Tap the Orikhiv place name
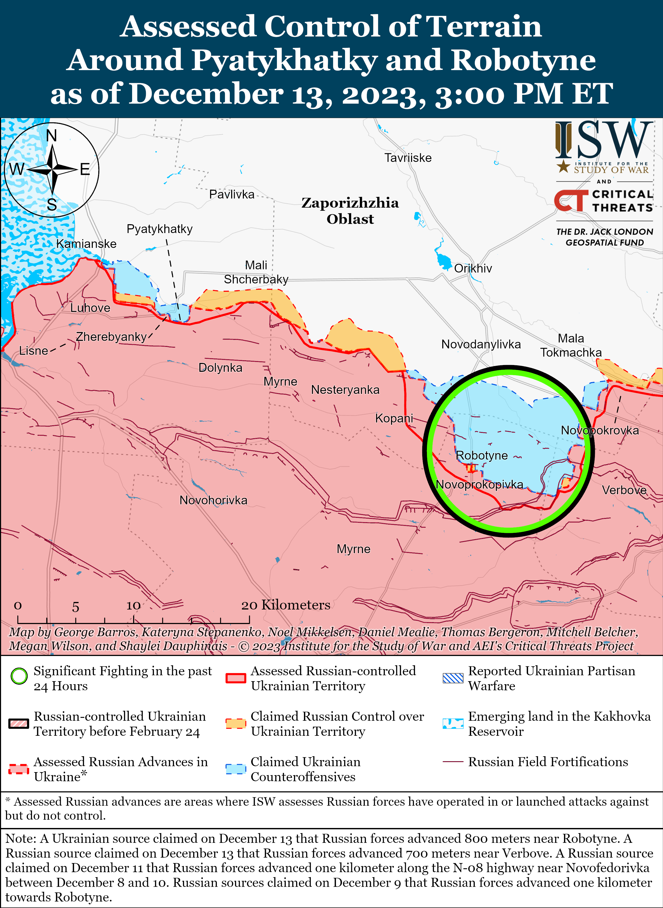coord(473,268)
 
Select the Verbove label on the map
coord(624,490)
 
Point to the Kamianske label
coord(86,244)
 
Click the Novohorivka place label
coord(213,500)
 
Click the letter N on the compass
coord(51,136)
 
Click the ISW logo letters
coord(604,140)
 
